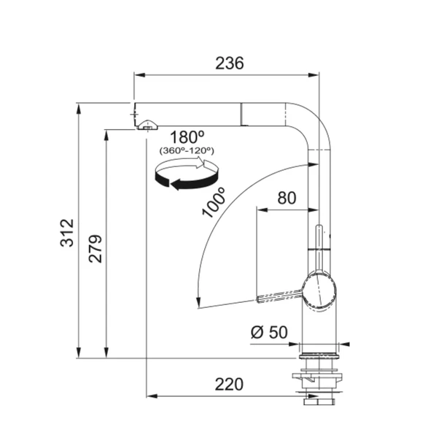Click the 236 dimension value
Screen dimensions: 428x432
[229, 63]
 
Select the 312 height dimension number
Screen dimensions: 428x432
[67, 233]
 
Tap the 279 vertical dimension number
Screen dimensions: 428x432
[96, 249]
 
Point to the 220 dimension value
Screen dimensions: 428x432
[229, 385]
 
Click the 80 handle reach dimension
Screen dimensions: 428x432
[287, 198]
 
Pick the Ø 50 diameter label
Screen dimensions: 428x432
[269, 332]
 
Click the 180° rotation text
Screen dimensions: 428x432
[187, 137]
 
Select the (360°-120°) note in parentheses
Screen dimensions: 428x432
[187, 151]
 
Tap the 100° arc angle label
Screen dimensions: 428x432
[214, 202]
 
